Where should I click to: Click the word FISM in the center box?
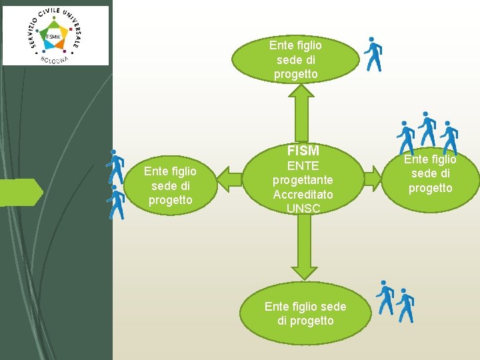[x=303, y=151]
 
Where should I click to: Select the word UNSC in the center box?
[x=303, y=209]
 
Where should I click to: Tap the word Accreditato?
[x=303, y=195]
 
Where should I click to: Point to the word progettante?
[x=303, y=180]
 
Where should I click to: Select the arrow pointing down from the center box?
[x=304, y=247]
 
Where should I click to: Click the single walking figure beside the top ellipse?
[x=373, y=54]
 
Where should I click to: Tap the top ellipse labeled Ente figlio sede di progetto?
[x=296, y=59]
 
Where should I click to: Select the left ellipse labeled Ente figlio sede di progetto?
[x=170, y=186]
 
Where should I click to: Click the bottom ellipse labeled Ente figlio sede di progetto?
[x=305, y=313]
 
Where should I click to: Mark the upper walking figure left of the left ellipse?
[x=117, y=167]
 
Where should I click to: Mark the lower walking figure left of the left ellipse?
[x=117, y=202]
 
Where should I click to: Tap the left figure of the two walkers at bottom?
[x=385, y=297]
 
